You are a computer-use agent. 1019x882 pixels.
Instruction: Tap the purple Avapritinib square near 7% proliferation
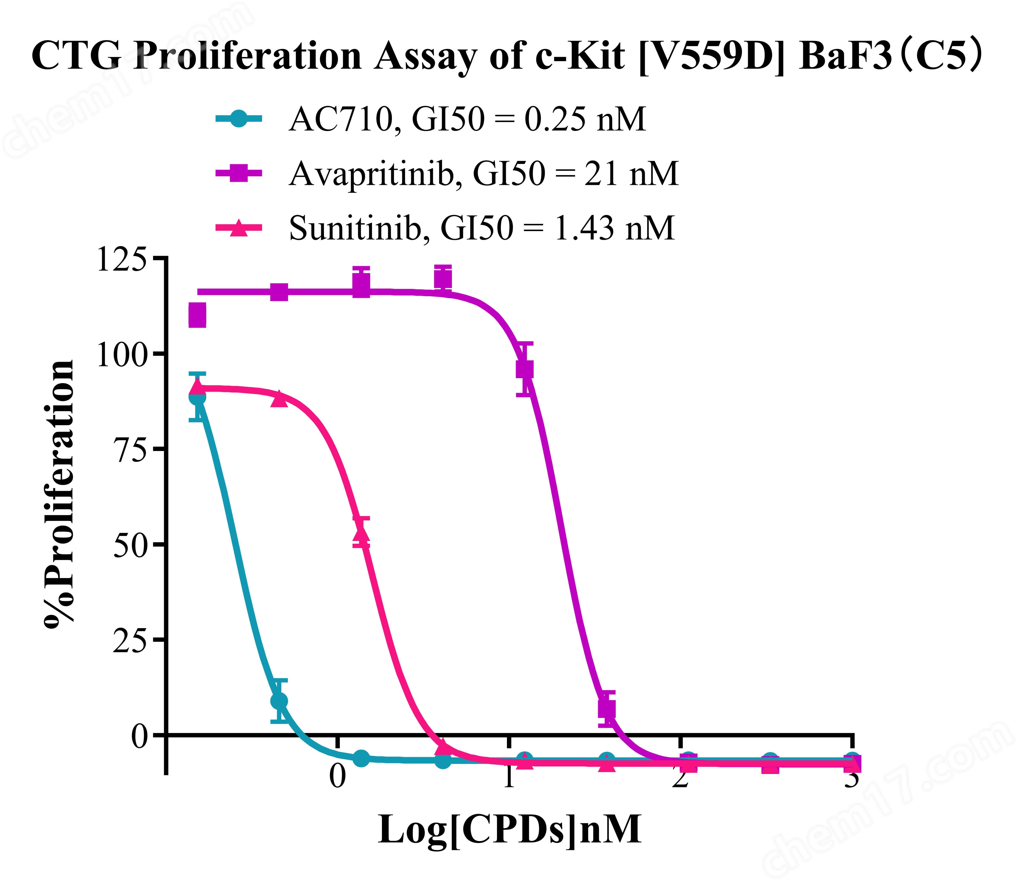click(607, 709)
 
